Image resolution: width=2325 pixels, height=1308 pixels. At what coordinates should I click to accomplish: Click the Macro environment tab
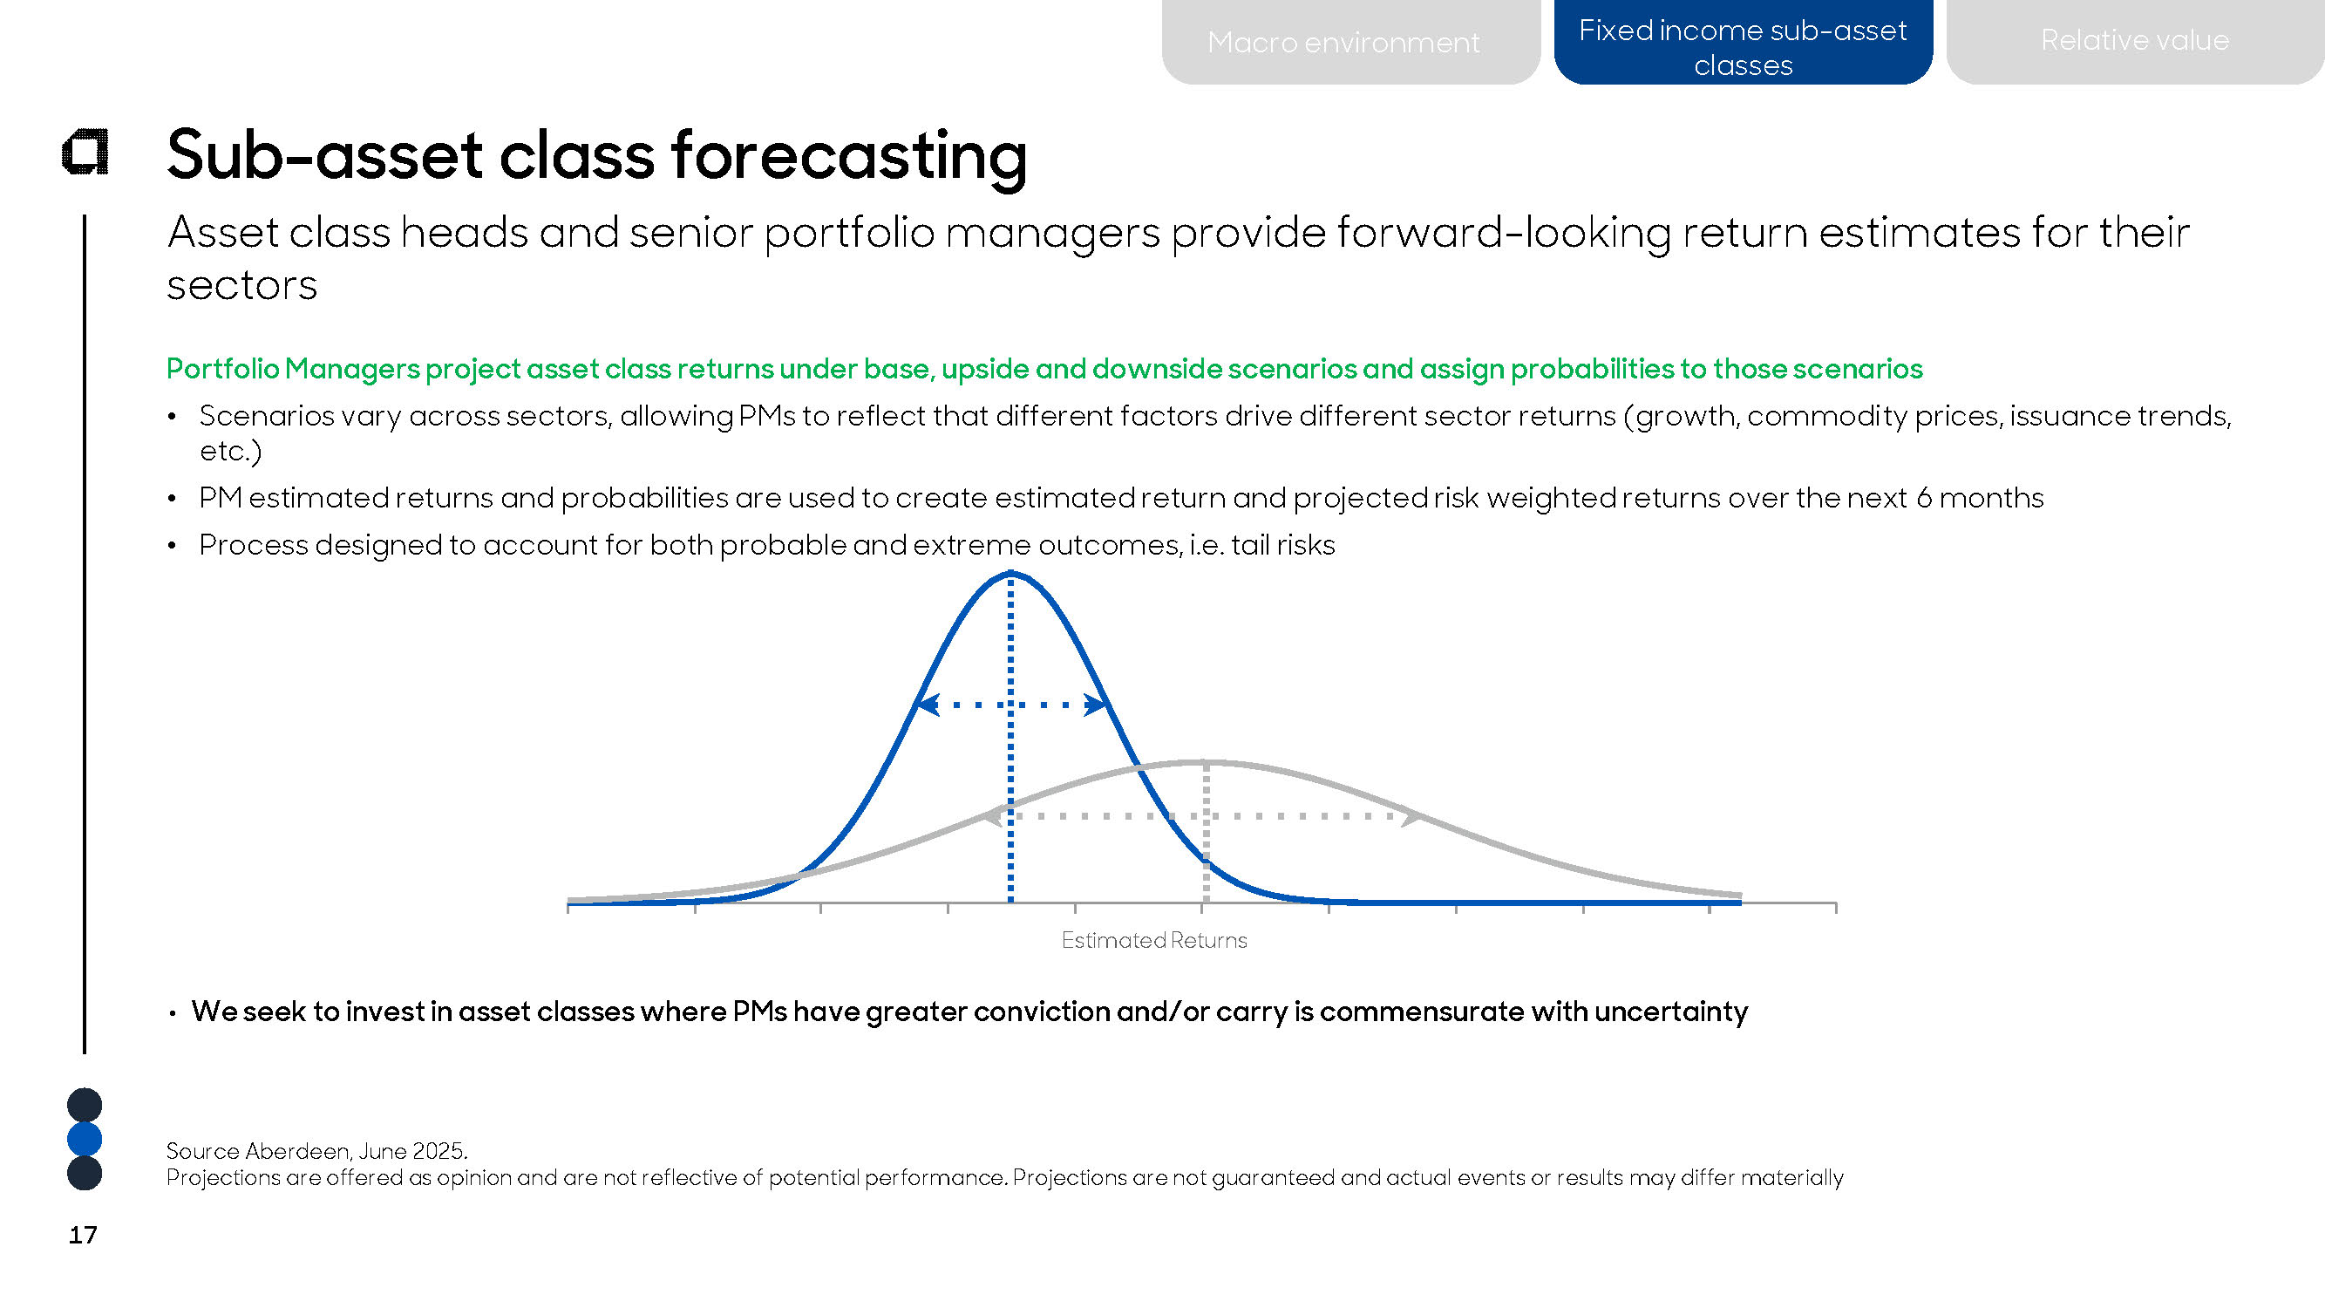click(x=1350, y=42)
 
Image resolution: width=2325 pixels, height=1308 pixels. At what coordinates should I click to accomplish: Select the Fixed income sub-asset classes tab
click(x=1743, y=43)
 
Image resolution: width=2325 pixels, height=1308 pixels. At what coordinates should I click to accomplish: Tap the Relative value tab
click(x=2136, y=42)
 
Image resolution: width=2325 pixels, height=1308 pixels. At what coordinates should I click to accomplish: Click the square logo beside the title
click(x=85, y=152)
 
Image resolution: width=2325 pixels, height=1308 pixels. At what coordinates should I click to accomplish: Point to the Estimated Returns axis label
click(x=1153, y=940)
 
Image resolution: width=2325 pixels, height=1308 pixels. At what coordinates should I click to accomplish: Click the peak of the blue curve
click(x=1011, y=572)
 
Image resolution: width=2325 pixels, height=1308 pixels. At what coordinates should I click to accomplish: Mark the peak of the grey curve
click(x=1206, y=763)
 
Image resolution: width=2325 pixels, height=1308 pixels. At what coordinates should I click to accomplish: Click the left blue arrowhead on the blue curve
click(x=927, y=704)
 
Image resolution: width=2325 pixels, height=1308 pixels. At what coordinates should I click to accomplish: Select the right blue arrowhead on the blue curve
click(x=1095, y=704)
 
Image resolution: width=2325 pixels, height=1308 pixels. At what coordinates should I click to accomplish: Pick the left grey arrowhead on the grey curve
click(x=993, y=816)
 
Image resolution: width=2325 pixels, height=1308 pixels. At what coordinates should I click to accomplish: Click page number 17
click(x=83, y=1235)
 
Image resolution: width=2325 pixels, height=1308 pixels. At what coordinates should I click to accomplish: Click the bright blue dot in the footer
click(x=85, y=1139)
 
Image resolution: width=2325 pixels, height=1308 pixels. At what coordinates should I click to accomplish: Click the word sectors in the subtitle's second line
click(x=241, y=286)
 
